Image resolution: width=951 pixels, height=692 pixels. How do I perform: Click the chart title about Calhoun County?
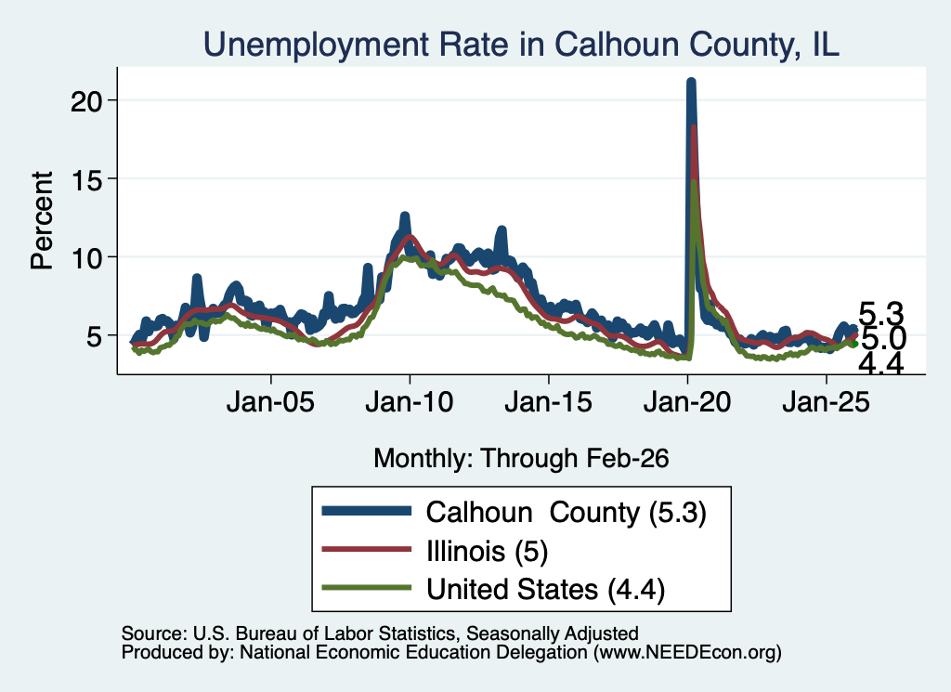pyautogui.click(x=521, y=45)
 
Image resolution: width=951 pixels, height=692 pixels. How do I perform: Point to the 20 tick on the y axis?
pyautogui.click(x=85, y=100)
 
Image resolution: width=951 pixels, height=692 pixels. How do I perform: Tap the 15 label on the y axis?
pyautogui.click(x=85, y=179)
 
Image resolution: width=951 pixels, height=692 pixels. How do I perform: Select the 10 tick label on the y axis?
pyautogui.click(x=85, y=257)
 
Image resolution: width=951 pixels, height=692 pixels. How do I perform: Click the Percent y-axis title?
pyautogui.click(x=42, y=220)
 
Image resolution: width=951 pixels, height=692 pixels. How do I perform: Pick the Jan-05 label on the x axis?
pyautogui.click(x=270, y=402)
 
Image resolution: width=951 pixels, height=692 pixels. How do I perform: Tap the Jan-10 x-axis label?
pyautogui.click(x=410, y=402)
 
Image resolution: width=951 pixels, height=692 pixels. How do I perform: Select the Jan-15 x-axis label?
pyautogui.click(x=548, y=402)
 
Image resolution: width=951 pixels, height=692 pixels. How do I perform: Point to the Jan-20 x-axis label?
pyautogui.click(x=687, y=402)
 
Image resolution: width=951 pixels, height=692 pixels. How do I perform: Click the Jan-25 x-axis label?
pyautogui.click(x=826, y=402)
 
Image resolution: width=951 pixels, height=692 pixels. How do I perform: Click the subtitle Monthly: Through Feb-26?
pyautogui.click(x=521, y=459)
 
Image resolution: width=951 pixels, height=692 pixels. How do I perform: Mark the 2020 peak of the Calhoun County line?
pyautogui.click(x=691, y=81)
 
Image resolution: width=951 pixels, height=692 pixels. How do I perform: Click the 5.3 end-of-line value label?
pyautogui.click(x=881, y=315)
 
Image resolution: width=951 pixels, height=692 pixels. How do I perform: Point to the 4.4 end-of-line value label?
pyautogui.click(x=881, y=364)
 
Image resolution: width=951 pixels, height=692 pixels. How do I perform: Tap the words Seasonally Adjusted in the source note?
pyautogui.click(x=552, y=633)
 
